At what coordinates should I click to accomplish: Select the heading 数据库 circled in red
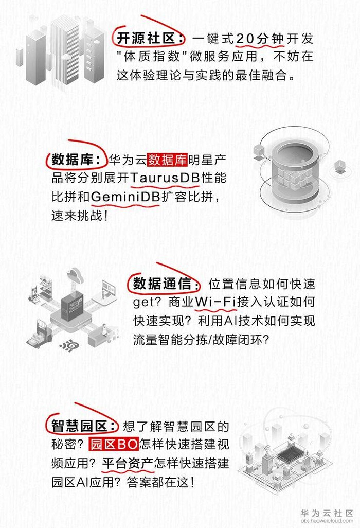76,159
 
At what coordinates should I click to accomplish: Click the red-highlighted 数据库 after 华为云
167,159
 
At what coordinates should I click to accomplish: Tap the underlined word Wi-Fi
214,303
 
